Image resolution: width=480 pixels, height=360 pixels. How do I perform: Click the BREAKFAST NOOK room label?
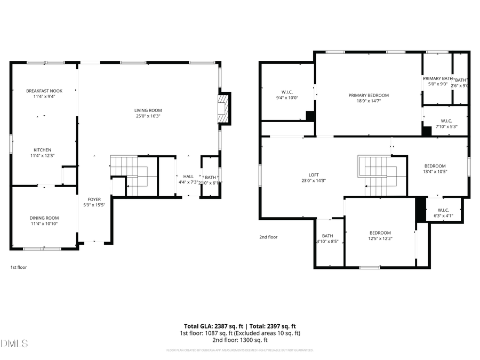44,91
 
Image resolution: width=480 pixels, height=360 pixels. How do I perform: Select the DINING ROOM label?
44,218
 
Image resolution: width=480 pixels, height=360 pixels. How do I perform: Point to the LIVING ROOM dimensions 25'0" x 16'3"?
148,116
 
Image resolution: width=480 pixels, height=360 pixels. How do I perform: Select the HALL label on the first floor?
188,177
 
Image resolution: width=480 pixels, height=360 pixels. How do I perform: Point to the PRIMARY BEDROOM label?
369,95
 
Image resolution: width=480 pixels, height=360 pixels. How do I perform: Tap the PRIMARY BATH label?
437,78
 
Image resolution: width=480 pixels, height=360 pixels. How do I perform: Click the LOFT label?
314,174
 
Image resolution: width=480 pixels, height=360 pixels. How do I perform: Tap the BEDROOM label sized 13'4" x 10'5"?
435,166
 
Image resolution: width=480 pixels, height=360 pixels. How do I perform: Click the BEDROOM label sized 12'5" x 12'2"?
380,233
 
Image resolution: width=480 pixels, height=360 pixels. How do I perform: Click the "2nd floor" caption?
268,237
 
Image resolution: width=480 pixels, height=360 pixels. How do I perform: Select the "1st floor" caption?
19,267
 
